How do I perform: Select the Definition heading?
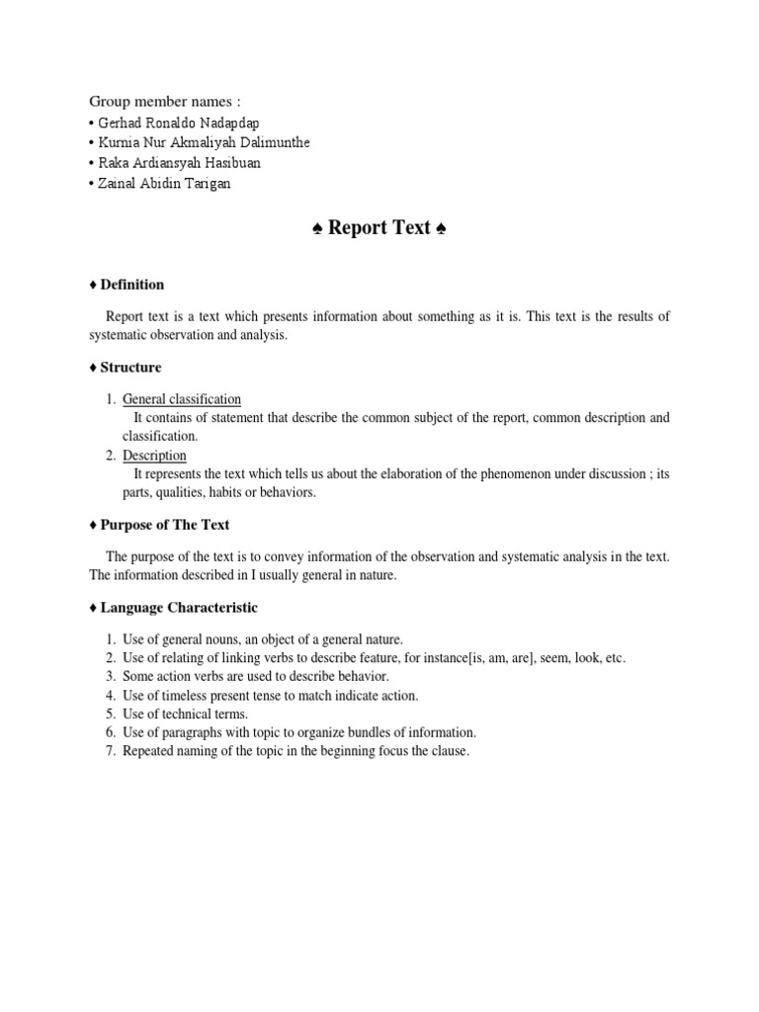(131, 285)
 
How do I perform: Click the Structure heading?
(129, 368)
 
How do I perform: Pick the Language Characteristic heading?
(178, 608)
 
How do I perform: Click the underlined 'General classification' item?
(182, 399)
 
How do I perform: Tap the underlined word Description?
(154, 456)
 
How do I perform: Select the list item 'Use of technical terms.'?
(186, 714)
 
